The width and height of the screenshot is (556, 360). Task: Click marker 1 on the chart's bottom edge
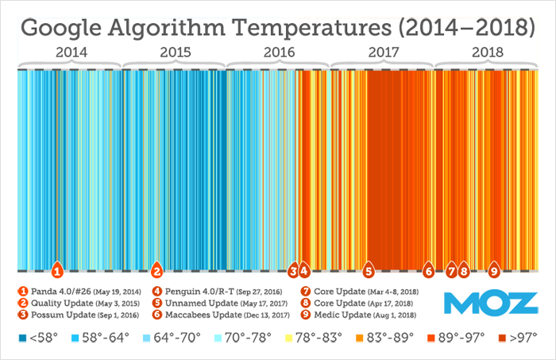click(57, 269)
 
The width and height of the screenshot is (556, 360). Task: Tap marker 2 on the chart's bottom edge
click(157, 269)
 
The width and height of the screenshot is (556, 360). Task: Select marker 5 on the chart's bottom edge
click(368, 269)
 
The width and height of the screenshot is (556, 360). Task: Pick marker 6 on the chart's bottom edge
click(429, 269)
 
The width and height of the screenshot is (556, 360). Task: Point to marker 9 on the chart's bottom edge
click(494, 269)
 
